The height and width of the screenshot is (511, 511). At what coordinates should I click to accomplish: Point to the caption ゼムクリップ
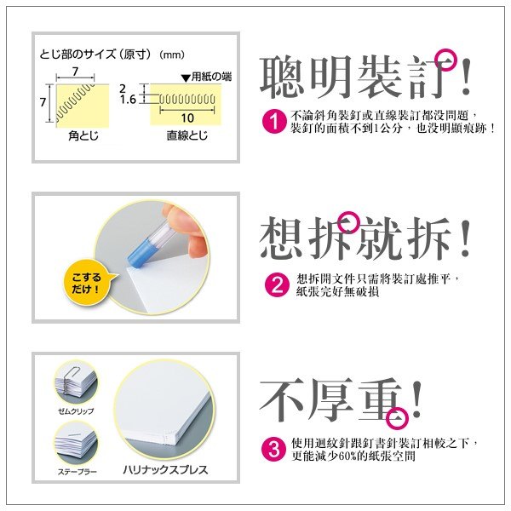pos(76,411)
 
